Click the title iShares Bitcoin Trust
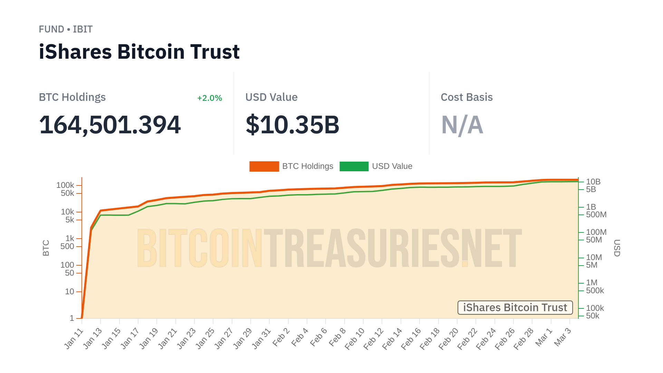(139, 52)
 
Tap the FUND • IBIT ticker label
(66, 29)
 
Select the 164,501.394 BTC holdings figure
(110, 125)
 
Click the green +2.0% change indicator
(209, 98)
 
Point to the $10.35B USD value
(292, 125)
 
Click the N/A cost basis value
(462, 125)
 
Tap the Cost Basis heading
(467, 97)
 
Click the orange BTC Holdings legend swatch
(264, 166)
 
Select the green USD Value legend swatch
(354, 166)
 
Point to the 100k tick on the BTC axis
(65, 185)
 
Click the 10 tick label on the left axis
(69, 292)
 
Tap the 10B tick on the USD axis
(593, 182)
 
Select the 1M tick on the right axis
(592, 283)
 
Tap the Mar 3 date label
(563, 337)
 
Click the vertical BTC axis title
(46, 248)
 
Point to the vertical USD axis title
(617, 248)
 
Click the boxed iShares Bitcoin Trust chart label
(515, 307)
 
